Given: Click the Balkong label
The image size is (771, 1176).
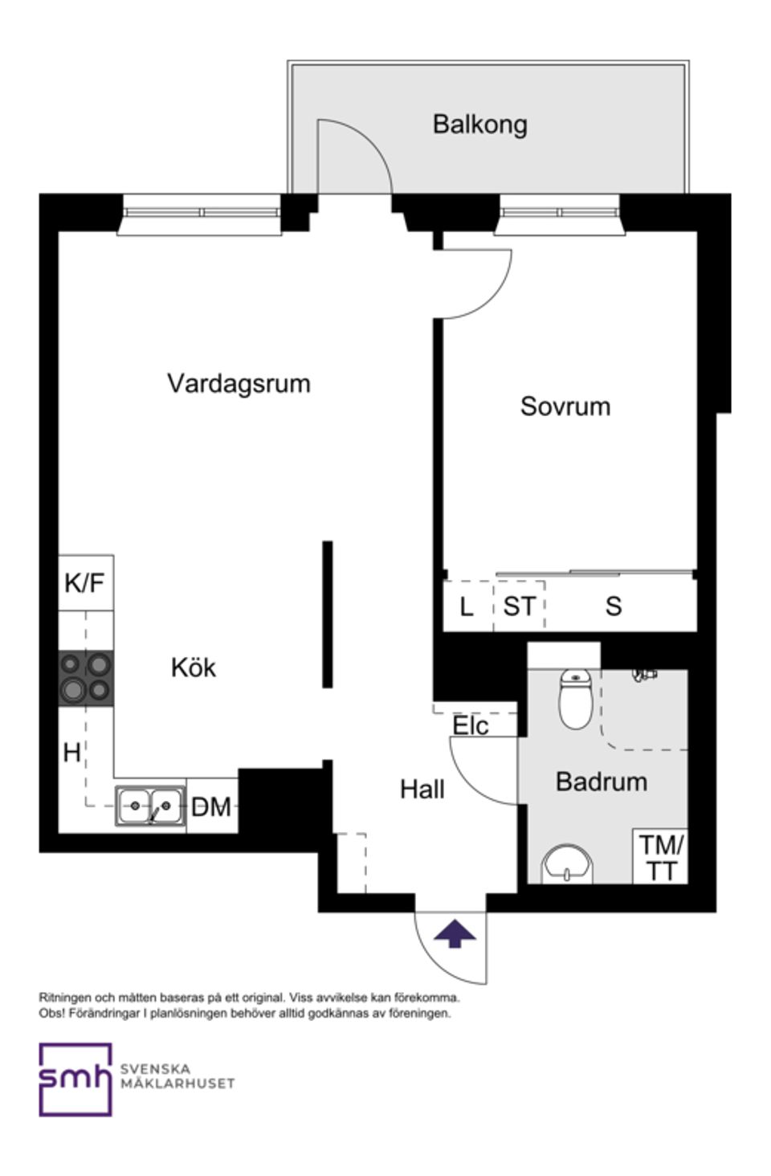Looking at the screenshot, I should tap(479, 125).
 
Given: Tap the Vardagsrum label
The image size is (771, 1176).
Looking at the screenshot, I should tap(239, 383).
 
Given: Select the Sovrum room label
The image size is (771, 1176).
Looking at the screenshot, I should tap(565, 406).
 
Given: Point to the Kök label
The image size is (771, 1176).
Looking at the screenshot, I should tap(193, 668).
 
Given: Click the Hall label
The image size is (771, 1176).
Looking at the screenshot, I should tap(422, 790).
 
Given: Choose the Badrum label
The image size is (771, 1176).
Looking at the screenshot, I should tap(601, 782).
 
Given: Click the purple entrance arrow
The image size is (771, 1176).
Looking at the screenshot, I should tap(455, 934).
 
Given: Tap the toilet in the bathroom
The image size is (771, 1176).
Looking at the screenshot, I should tap(575, 699).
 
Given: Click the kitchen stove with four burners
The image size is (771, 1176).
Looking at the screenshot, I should tap(85, 678).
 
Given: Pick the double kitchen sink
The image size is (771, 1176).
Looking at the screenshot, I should tap(150, 806).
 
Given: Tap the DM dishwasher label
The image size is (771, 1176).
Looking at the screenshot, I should tap(211, 806).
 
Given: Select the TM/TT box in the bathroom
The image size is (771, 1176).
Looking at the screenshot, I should tap(660, 857).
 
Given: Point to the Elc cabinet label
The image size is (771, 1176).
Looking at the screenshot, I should tap(471, 726).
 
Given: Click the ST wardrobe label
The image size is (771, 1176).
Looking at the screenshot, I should tap(519, 606).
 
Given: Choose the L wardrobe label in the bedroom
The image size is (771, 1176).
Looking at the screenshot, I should tap(467, 606).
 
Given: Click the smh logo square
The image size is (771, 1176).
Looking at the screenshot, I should tap(75, 1079).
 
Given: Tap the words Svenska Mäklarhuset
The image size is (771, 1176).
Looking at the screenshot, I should tap(177, 1076).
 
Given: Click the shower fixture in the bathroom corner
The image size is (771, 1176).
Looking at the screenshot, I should tap(642, 675).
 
